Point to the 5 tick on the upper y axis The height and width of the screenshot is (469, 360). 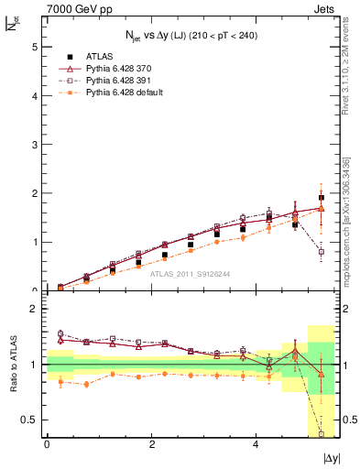pyautogui.click(x=34, y=47)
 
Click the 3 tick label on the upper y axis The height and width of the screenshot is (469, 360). pyautogui.click(x=34, y=145)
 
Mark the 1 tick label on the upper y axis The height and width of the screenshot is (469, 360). pyautogui.click(x=34, y=243)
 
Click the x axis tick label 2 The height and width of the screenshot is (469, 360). pyautogui.click(x=151, y=444)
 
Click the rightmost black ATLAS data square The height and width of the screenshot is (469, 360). pyautogui.click(x=321, y=198)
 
